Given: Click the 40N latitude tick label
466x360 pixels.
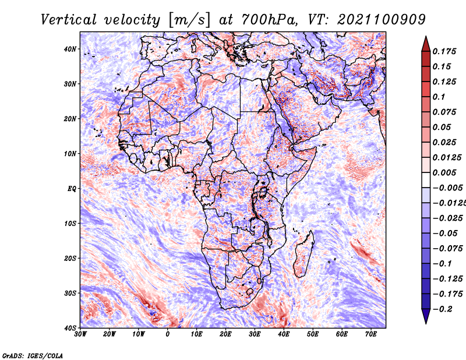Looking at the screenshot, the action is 70,49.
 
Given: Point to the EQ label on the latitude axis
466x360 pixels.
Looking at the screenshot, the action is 72,189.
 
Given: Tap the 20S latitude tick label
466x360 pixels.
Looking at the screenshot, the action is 70,258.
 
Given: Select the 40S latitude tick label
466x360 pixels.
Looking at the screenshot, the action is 70,328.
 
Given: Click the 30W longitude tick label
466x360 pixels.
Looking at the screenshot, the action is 80,334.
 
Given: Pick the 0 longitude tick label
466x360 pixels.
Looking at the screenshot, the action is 168,334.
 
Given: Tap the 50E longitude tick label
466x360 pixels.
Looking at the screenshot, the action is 313,334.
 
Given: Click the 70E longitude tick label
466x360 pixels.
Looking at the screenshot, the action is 371,334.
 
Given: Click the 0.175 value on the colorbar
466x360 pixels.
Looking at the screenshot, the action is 444,51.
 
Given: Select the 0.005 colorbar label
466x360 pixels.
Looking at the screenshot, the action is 444,172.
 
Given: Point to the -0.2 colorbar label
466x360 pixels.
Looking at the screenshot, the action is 442,309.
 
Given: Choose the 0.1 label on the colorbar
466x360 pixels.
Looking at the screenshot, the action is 439,97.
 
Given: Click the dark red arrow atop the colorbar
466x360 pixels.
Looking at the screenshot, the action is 426,44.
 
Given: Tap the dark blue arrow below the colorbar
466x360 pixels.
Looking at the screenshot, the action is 426,316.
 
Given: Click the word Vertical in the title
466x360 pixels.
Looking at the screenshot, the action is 69,20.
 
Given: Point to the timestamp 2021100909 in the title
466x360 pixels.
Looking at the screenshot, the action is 382,20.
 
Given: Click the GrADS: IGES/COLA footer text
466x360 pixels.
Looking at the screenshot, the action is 33,356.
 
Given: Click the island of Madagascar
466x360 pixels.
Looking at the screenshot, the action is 304,253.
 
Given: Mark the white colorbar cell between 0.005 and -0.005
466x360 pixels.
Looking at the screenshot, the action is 426,180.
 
